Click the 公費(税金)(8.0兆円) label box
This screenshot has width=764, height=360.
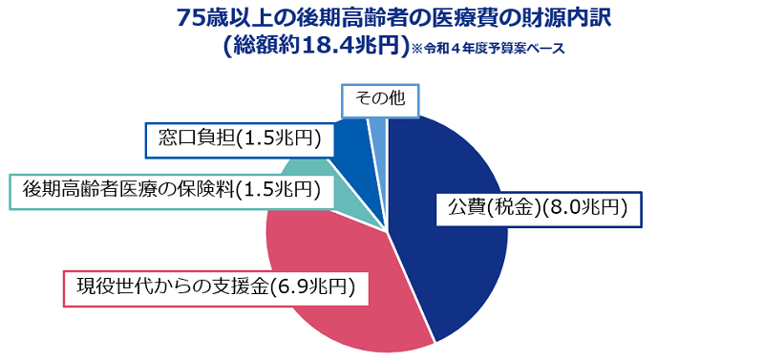click(536, 210)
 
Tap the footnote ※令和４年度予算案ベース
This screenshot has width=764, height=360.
click(488, 50)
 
